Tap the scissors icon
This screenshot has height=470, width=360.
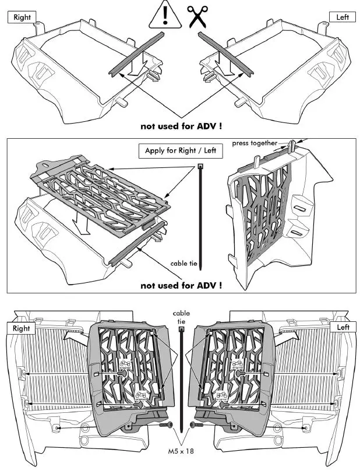[197, 16]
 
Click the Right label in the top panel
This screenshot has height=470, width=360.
[22, 17]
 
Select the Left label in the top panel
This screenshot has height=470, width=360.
[343, 17]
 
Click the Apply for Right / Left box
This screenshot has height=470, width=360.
[180, 151]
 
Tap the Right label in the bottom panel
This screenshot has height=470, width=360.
[21, 328]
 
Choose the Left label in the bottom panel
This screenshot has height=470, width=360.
[343, 328]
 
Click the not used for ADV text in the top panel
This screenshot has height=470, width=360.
[181, 125]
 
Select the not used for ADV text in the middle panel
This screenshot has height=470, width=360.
[181, 286]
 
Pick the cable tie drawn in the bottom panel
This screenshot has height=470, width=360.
[182, 379]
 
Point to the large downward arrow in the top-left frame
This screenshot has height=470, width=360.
[135, 64]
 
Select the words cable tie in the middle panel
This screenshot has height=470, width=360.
[185, 264]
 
